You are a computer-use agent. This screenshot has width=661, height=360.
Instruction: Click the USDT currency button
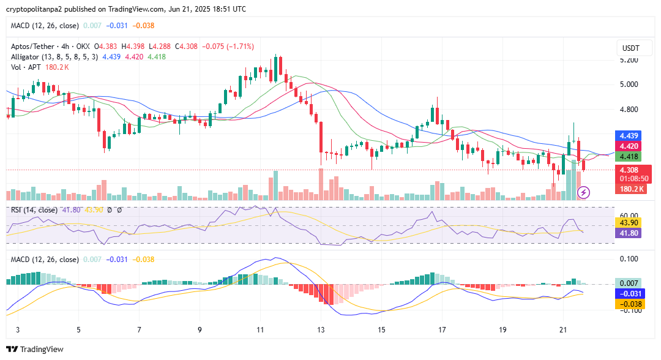pos(630,48)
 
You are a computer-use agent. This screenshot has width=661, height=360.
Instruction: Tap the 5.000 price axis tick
pos(629,84)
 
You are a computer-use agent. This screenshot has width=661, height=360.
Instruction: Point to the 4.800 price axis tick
pos(629,110)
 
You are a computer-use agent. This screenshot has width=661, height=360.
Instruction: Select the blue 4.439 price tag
pos(629,136)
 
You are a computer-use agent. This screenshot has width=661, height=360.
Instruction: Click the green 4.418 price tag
pos(629,157)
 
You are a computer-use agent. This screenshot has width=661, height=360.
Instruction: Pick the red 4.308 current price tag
pos(629,170)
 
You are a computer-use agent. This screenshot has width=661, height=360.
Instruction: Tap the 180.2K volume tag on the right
pos(632,189)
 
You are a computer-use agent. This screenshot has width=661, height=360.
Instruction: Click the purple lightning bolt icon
pos(583,193)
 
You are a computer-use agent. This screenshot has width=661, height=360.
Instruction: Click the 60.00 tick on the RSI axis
pos(629,216)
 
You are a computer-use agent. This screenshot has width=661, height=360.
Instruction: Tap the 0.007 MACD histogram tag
pos(629,283)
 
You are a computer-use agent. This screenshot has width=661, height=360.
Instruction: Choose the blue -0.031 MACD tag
pos(629,293)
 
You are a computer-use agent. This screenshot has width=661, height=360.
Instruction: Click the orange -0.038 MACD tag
pos(629,304)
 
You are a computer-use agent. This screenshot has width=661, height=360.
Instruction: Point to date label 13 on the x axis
pos(320,329)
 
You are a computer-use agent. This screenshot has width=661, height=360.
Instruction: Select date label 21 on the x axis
pos(563,329)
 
